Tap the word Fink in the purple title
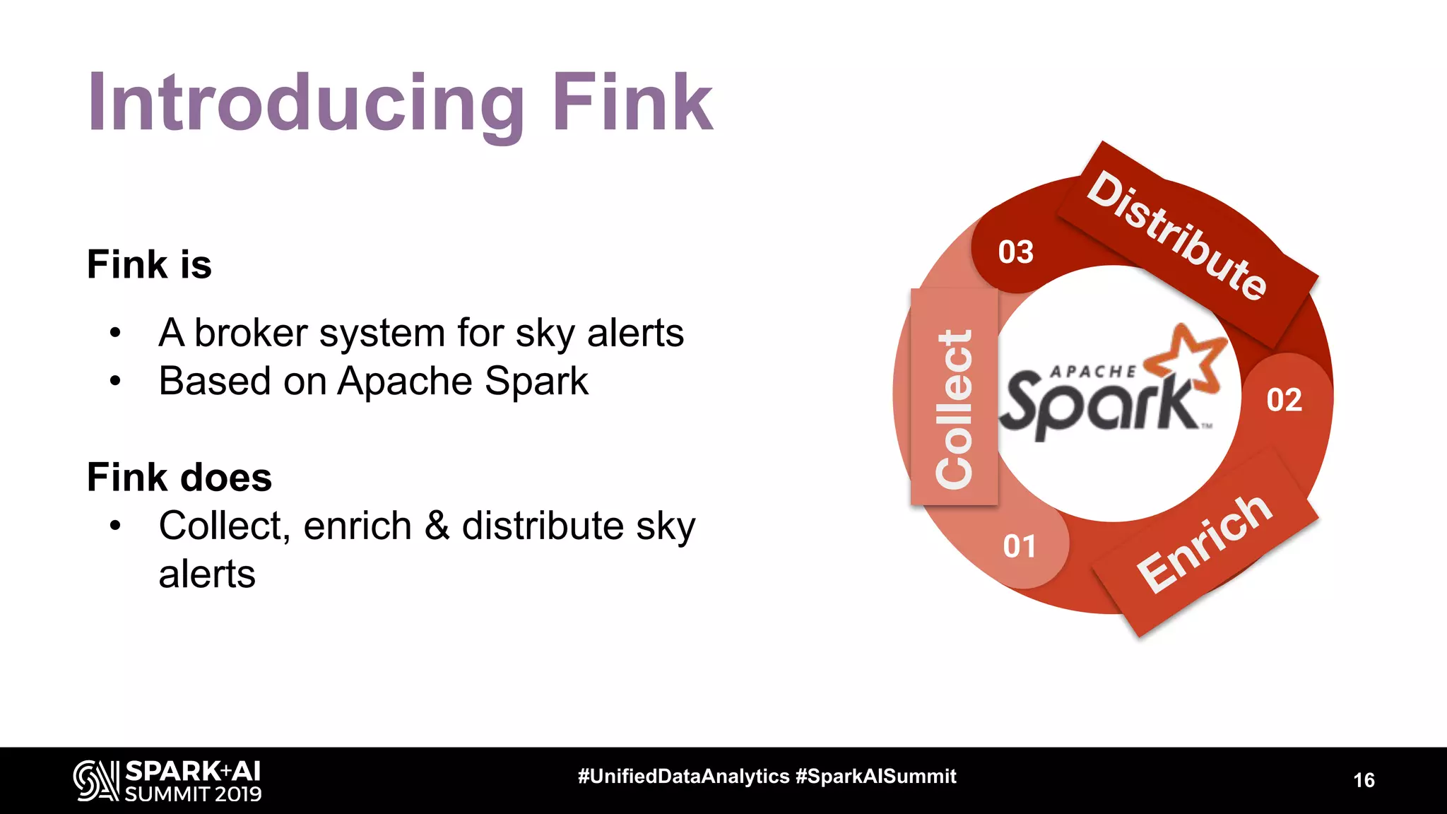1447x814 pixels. [632, 102]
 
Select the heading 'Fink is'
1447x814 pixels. [149, 265]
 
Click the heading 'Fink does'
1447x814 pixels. [179, 477]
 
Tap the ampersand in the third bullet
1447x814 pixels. [437, 526]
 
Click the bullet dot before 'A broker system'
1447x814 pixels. [115, 333]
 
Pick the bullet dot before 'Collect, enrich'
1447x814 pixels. [115, 526]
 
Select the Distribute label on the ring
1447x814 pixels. [1177, 235]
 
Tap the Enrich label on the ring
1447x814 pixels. [1205, 543]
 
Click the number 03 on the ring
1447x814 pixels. [1015, 252]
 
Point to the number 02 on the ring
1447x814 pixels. [1284, 400]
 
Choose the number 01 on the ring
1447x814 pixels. [1020, 546]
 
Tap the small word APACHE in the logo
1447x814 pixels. [1093, 372]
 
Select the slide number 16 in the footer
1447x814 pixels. [1364, 780]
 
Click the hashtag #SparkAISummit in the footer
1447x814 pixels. [875, 776]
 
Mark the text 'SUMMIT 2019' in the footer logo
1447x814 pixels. [193, 794]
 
